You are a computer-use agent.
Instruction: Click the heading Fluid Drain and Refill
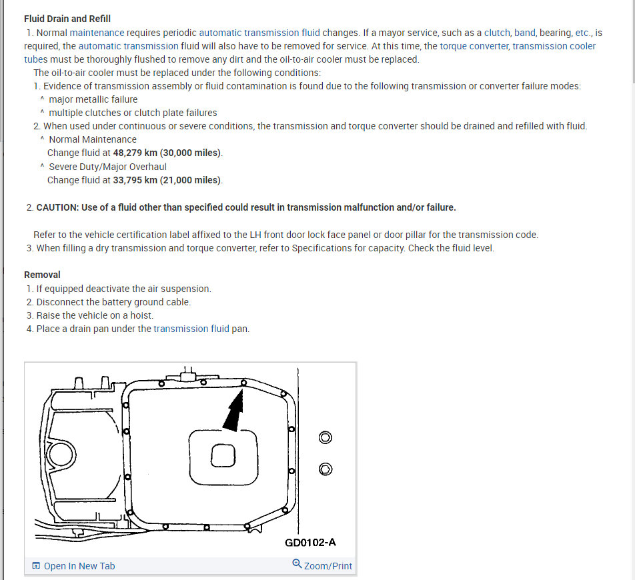coord(67,19)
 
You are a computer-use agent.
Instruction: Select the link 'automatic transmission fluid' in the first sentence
coord(259,32)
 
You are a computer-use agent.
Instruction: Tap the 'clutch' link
coord(497,32)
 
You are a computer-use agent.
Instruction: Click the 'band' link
coord(524,32)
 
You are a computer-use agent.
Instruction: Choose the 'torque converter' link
coord(474,46)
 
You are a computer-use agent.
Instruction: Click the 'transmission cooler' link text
coord(554,46)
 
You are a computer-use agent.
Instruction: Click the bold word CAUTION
coord(57,207)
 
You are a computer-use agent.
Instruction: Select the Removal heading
coord(42,275)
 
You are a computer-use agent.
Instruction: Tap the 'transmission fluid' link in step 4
coord(191,329)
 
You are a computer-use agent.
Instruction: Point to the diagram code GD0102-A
coord(310,542)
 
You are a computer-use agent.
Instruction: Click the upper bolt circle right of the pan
coord(325,438)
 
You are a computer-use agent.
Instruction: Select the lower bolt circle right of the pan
coord(325,469)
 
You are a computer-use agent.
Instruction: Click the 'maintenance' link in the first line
coord(97,32)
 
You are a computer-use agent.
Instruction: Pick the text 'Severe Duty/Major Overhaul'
coord(107,167)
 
